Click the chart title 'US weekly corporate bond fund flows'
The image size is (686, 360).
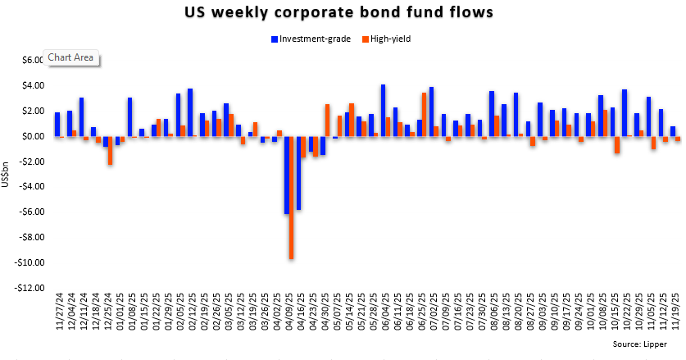click(x=342, y=13)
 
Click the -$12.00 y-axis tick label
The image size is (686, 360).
click(x=30, y=288)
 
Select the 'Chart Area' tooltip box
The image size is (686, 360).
click(x=72, y=57)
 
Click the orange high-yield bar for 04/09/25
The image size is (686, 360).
click(x=292, y=197)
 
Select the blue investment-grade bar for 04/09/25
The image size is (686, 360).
click(x=287, y=175)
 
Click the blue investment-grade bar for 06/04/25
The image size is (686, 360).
click(x=383, y=110)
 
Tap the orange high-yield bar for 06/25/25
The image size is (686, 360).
click(x=424, y=114)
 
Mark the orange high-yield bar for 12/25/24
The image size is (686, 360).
click(x=111, y=150)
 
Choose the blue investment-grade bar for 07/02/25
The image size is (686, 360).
click(x=431, y=112)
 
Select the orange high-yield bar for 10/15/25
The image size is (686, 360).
click(x=616, y=144)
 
